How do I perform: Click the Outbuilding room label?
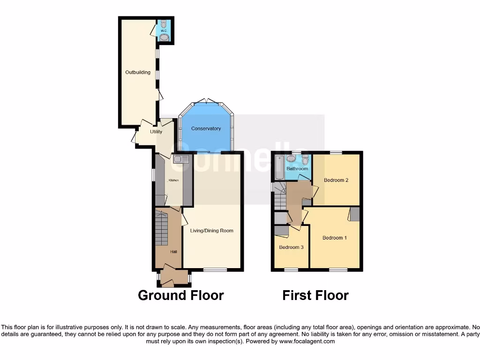(138, 73)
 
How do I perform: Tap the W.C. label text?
(164, 31)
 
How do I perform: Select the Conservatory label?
(206, 128)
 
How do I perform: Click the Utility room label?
(156, 132)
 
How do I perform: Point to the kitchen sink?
(181, 159)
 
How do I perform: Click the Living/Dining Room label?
(211, 231)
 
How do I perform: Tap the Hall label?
(173, 252)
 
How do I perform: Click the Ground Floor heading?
(180, 295)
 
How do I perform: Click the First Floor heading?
(315, 295)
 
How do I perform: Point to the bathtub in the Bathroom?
(279, 167)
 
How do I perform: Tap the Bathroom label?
(297, 169)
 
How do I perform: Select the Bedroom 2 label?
(336, 180)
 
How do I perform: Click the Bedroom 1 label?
(334, 238)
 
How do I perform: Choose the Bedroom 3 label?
(291, 247)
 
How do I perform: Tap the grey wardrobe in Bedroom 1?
(354, 214)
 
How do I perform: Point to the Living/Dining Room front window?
(215, 270)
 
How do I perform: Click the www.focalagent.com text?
(307, 342)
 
